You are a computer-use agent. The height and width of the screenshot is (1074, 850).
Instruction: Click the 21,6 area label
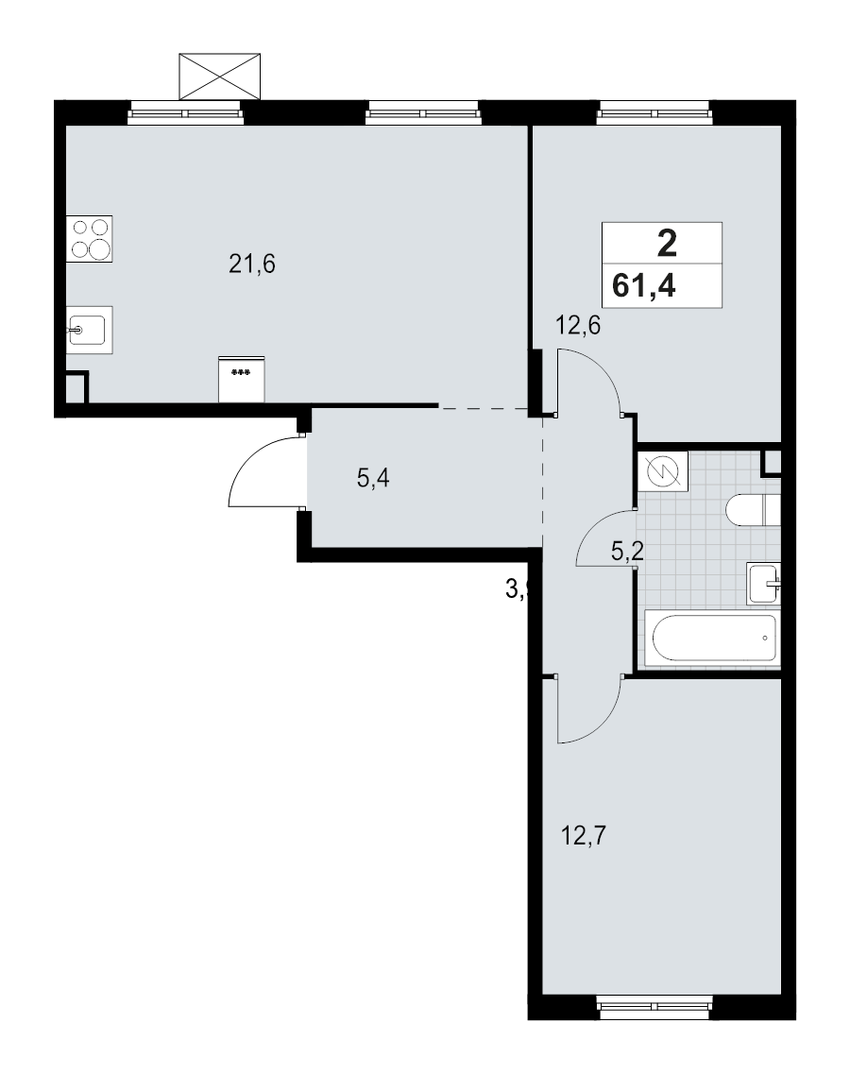[x=251, y=264]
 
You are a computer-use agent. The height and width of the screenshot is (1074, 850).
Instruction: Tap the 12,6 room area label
[x=578, y=327]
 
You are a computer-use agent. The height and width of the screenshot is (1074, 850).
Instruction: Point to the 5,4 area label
[x=373, y=479]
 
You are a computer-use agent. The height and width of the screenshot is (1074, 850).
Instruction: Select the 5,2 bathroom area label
[x=627, y=552]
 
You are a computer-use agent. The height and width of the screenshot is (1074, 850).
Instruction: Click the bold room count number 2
[x=666, y=244]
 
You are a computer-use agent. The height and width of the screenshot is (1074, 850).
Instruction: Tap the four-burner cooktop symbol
[x=91, y=238]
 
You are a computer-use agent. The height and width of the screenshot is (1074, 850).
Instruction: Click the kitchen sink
[x=90, y=330]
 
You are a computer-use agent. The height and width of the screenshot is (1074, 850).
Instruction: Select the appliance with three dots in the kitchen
[x=242, y=379]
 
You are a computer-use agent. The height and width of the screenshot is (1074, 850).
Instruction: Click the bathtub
[x=710, y=638]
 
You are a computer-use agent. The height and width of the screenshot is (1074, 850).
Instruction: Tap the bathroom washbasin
[x=764, y=583]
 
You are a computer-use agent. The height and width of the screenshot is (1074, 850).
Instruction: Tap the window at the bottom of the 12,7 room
[x=654, y=995]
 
